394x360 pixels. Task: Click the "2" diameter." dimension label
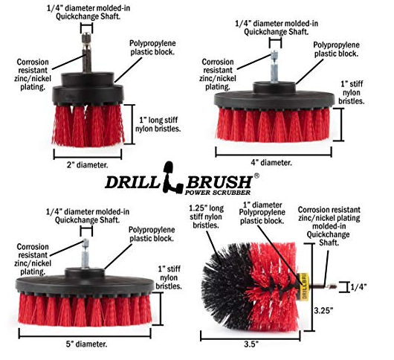click(x=87, y=165)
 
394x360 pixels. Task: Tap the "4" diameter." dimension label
click(x=271, y=163)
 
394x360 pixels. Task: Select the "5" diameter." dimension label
click(x=86, y=344)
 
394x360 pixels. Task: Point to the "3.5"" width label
click(x=251, y=344)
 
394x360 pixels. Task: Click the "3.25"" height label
click(x=323, y=310)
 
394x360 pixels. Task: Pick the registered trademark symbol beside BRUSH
click(x=256, y=176)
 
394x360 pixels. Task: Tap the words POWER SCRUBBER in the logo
click(x=218, y=193)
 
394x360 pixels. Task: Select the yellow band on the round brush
click(x=304, y=286)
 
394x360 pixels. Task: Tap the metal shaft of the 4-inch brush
click(x=274, y=67)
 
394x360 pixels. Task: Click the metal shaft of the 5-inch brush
click(x=85, y=254)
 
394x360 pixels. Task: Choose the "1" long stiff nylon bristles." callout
click(x=158, y=124)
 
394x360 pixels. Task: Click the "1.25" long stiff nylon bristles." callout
click(x=206, y=216)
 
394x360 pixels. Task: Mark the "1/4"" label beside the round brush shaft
click(x=358, y=287)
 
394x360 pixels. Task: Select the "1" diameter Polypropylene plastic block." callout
click(x=262, y=213)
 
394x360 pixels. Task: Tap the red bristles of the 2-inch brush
click(x=88, y=125)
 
